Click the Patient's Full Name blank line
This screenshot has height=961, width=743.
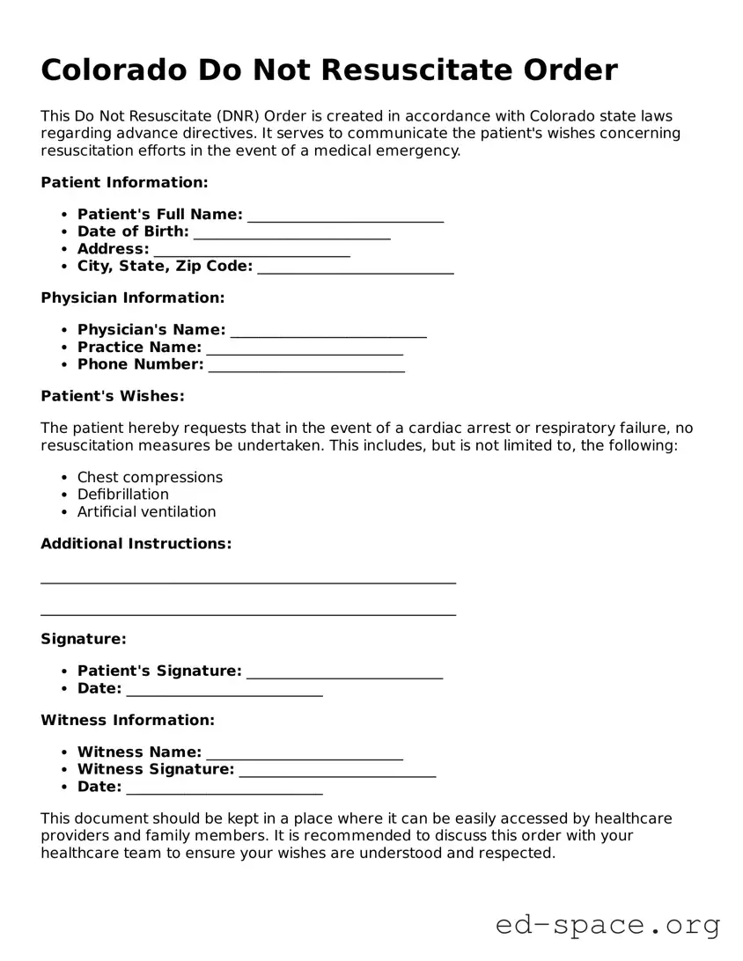[345, 216]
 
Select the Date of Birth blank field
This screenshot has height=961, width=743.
[291, 233]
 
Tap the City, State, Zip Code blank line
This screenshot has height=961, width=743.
[355, 268]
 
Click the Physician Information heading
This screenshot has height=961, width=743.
[132, 297]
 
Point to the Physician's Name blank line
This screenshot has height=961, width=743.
[327, 331]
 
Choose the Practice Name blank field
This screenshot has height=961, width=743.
[304, 348]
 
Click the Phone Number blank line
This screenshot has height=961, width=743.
[305, 366]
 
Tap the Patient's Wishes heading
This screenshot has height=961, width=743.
[113, 396]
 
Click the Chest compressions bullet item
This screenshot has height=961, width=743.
[150, 477]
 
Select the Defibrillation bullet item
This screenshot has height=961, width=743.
[122, 495]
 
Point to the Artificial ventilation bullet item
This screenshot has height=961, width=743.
[146, 511]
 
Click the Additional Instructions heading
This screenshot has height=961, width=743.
[136, 543]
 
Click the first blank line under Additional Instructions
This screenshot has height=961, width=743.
[248, 580]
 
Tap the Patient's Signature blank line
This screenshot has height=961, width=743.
[344, 672]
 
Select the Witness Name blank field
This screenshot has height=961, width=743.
[304, 753]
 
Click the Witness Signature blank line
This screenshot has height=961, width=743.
[337, 771]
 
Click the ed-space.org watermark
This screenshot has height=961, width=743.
[607, 925]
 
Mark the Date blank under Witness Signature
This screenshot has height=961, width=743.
[224, 789]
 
